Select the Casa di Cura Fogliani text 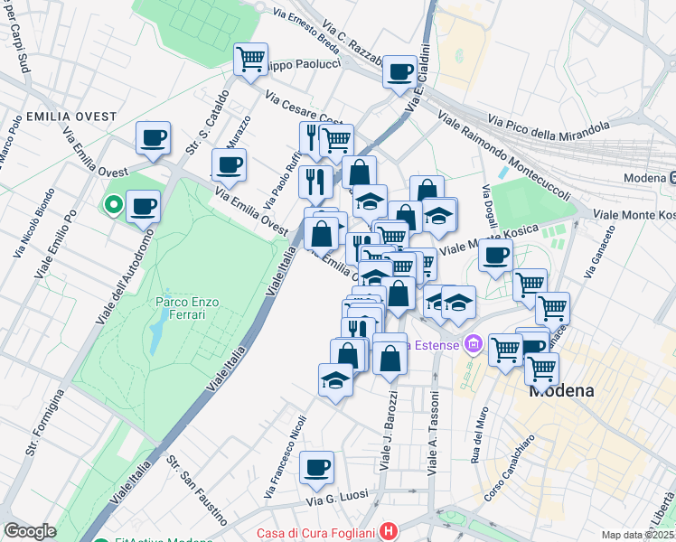(x=316, y=533)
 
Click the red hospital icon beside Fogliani (x=389, y=532)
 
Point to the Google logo (x=30, y=531)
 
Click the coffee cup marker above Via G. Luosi (x=316, y=467)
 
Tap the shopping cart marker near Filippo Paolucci (x=250, y=60)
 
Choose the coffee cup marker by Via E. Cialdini (x=399, y=71)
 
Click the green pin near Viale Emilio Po (x=113, y=206)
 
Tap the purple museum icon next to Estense (x=472, y=344)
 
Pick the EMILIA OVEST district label (x=59, y=117)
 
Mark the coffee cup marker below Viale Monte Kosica (x=495, y=255)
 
